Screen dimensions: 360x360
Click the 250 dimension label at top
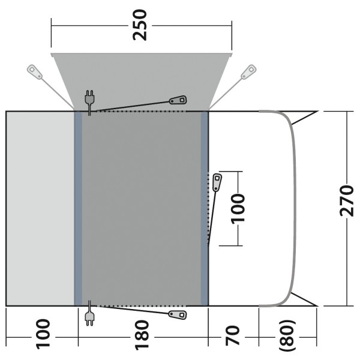140,25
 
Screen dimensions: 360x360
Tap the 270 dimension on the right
346,200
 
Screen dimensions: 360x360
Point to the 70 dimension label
232,335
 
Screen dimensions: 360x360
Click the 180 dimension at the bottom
142,335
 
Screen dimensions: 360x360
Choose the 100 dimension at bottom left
43,334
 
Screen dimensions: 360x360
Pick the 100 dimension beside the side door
238,208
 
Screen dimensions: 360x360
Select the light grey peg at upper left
35,72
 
